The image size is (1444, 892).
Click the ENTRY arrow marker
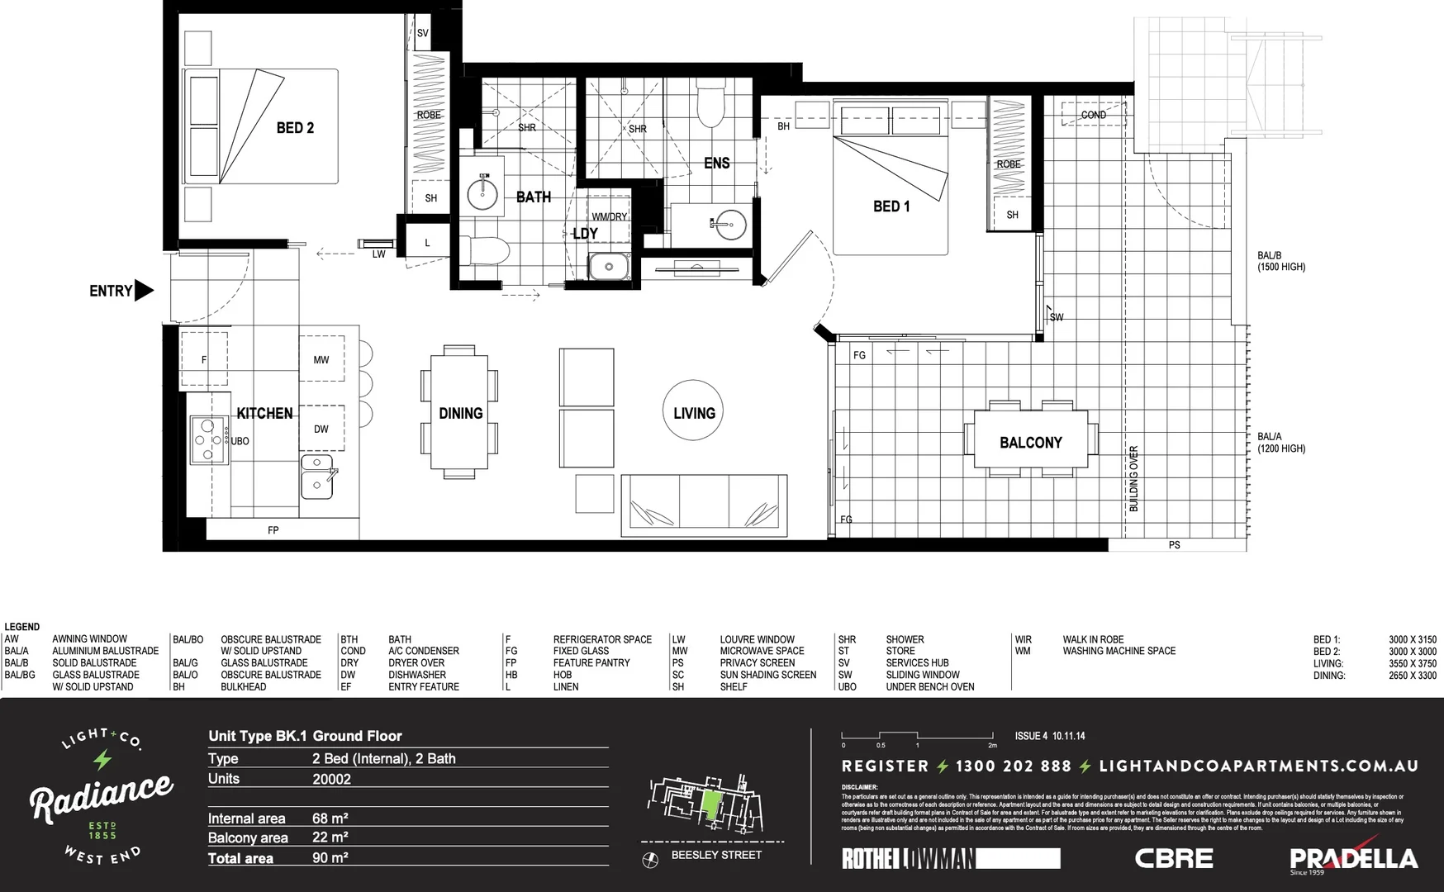144,290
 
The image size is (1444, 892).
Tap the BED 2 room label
295,128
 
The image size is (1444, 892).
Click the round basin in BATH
482,194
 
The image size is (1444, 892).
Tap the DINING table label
460,413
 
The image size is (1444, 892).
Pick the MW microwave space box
321,359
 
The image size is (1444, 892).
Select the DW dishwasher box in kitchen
321,429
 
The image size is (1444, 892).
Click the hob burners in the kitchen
208,440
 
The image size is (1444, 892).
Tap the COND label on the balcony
1093,115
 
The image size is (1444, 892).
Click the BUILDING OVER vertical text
1133,478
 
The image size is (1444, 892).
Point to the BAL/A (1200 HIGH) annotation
1281,443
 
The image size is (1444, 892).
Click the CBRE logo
1174,858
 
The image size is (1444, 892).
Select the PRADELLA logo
1353,859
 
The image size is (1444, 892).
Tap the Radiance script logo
102,796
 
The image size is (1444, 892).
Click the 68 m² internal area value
330,818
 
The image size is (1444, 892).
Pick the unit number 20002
331,779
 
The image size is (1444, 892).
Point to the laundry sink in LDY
609,267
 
